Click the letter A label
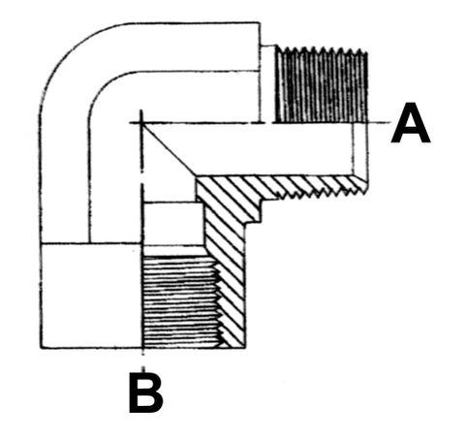(x=411, y=123)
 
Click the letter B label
(x=145, y=392)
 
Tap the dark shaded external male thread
(x=321, y=85)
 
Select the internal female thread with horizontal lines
(x=181, y=301)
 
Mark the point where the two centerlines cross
(x=141, y=123)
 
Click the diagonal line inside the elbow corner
(x=169, y=149)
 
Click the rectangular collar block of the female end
(x=91, y=296)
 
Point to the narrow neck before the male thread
(x=267, y=84)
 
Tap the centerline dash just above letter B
(x=143, y=361)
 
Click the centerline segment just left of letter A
(x=379, y=123)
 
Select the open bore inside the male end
(x=249, y=149)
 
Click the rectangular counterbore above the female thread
(x=173, y=224)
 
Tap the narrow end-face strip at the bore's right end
(x=360, y=149)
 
